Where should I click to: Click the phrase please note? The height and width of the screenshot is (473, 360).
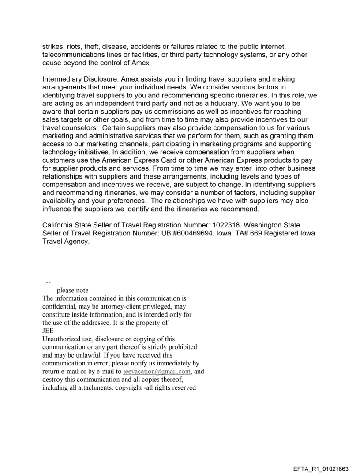(72, 290)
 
